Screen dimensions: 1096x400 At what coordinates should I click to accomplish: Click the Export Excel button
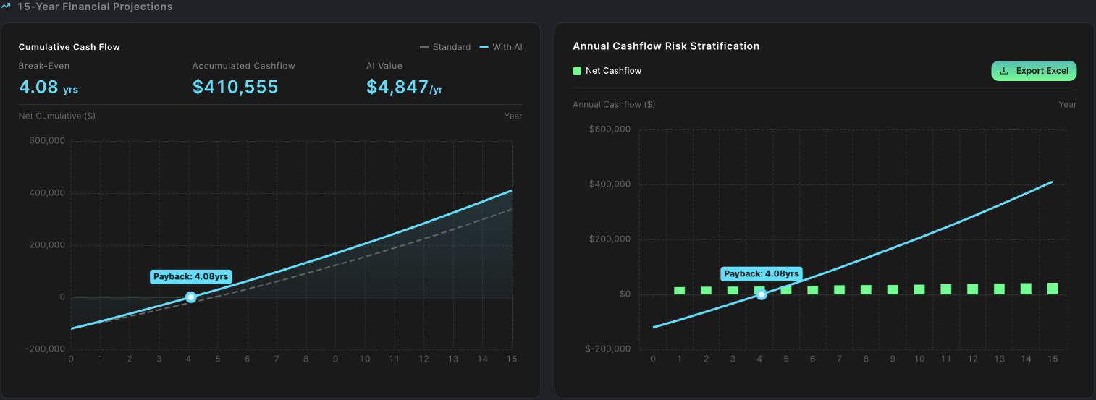(1033, 71)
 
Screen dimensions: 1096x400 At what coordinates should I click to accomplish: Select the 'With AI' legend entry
(500, 47)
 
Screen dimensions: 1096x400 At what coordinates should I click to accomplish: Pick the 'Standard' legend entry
(444, 47)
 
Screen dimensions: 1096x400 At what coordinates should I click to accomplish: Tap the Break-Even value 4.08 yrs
(49, 87)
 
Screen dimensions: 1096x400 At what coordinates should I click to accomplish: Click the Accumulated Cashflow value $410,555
(235, 87)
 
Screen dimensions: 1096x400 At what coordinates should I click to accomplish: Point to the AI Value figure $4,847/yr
(404, 87)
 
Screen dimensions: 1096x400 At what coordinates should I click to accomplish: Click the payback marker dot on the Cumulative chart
(191, 297)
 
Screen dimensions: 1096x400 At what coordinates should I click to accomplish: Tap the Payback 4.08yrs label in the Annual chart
(762, 274)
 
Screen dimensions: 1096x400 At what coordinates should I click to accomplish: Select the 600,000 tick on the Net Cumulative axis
(47, 141)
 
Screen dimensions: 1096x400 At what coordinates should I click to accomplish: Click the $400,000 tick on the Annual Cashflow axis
(610, 184)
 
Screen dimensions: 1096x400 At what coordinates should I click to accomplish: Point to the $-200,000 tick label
(607, 349)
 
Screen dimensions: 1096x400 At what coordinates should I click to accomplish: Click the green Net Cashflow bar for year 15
(1053, 289)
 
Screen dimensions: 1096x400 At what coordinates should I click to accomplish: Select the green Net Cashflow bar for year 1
(679, 291)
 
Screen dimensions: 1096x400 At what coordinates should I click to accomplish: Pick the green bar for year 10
(919, 289)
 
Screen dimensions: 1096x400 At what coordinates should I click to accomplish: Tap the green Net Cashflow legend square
(577, 71)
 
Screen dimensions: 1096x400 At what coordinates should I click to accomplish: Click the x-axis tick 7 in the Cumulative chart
(277, 359)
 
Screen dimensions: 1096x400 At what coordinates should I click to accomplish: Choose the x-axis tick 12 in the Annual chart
(973, 359)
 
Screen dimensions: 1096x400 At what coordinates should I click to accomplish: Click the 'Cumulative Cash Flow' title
(69, 47)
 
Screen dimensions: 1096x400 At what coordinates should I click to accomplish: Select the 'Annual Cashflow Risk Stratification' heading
(666, 46)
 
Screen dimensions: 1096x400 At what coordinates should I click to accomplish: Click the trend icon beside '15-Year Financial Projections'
(5, 6)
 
